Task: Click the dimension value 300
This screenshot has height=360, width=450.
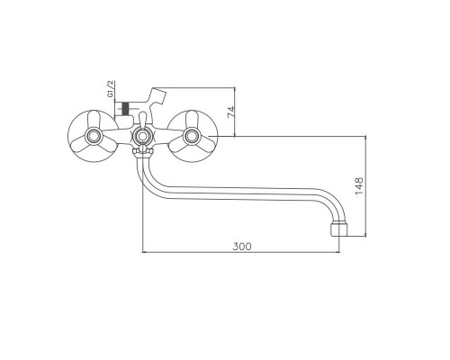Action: [242, 247]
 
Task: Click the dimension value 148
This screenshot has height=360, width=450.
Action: [359, 186]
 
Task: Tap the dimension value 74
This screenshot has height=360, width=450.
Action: [231, 112]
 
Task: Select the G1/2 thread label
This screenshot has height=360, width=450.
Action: [111, 89]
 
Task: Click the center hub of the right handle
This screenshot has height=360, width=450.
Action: [192, 136]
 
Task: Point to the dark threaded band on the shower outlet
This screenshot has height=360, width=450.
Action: [125, 108]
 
